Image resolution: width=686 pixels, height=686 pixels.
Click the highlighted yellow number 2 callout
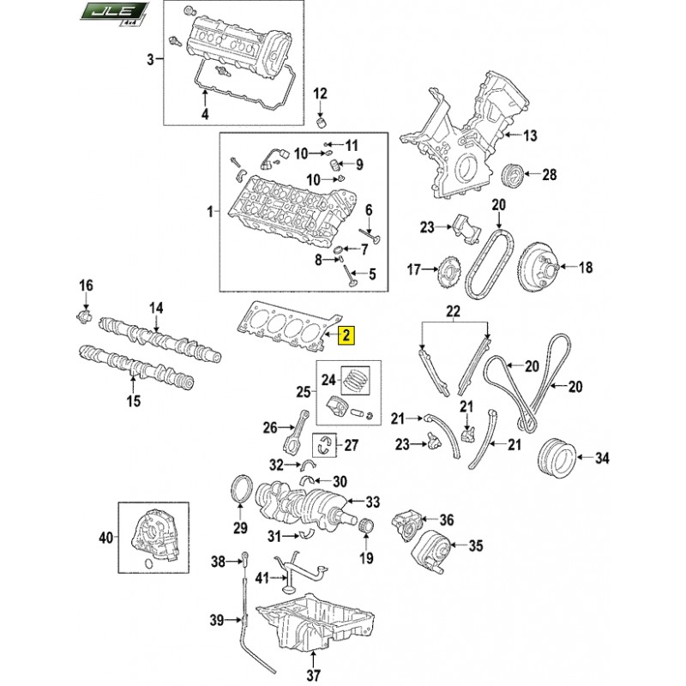coord(345,336)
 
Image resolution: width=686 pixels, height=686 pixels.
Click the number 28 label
coord(549,175)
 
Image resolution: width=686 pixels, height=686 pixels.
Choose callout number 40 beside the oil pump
coord(106,539)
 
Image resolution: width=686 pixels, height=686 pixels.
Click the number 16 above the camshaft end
coord(86,286)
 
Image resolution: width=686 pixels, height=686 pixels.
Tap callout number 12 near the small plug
coord(320,93)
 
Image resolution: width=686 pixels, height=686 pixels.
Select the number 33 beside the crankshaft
coord(372,502)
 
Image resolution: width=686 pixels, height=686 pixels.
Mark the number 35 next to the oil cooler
coord(474,545)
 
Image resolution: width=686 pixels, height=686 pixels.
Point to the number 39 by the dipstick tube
coord(218,619)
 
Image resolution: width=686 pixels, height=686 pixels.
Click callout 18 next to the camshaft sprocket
coord(585,268)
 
